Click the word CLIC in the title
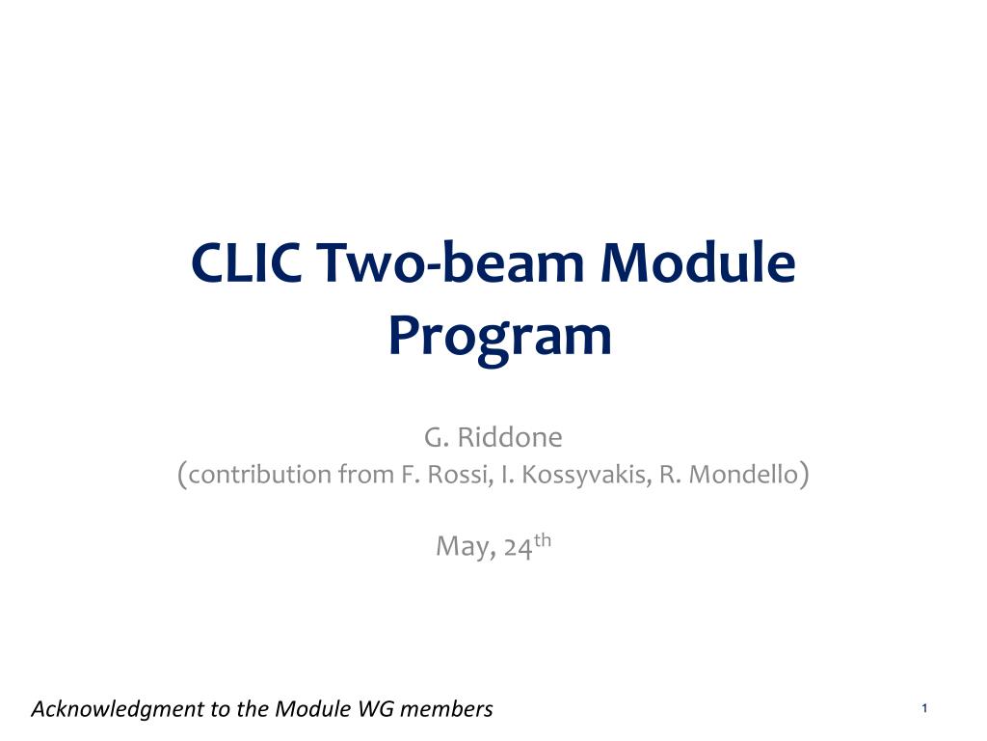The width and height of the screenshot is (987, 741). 246,261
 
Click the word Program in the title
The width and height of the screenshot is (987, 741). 500,337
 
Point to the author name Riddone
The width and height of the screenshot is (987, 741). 510,437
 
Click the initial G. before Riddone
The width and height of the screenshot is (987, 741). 437,437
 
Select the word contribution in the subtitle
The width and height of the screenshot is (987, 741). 259,474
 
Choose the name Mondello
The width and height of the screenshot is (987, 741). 744,474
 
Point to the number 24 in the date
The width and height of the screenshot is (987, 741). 519,547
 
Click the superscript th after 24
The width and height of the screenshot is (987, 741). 542,540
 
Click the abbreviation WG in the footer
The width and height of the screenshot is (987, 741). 376,708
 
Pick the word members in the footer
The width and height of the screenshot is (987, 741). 446,708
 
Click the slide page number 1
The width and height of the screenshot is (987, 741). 924,708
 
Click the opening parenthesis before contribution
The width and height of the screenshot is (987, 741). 182,475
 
